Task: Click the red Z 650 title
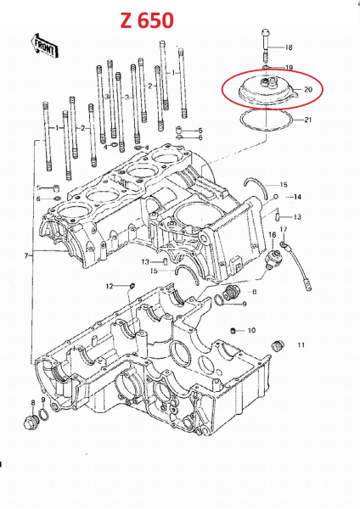pos(147,20)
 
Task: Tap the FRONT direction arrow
pos(44,46)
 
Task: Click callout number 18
pos(289,48)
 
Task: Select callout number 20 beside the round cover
pos(308,89)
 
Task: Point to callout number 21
pos(307,120)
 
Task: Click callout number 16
pos(273,235)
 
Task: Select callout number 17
pos(284,230)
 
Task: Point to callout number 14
pos(297,197)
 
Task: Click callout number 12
pos(110,286)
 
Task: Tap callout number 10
pos(251,331)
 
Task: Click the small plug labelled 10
pos(233,331)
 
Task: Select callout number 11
pos(301,344)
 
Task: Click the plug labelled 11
pos(277,346)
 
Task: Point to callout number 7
pos(26,256)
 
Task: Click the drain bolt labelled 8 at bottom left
pos(31,422)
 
